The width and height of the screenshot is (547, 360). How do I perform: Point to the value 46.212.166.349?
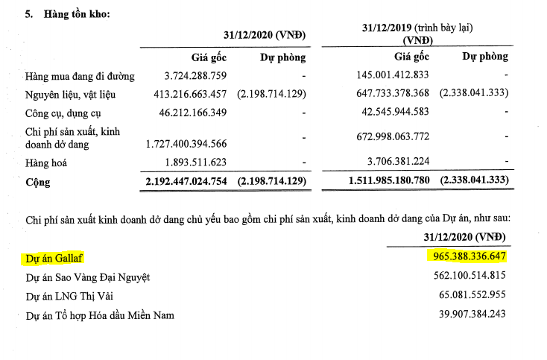(179, 113)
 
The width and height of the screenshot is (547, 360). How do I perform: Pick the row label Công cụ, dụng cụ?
(62, 113)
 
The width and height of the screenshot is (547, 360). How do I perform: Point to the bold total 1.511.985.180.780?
(399, 182)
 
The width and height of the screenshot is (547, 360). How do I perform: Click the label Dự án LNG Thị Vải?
(73, 296)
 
